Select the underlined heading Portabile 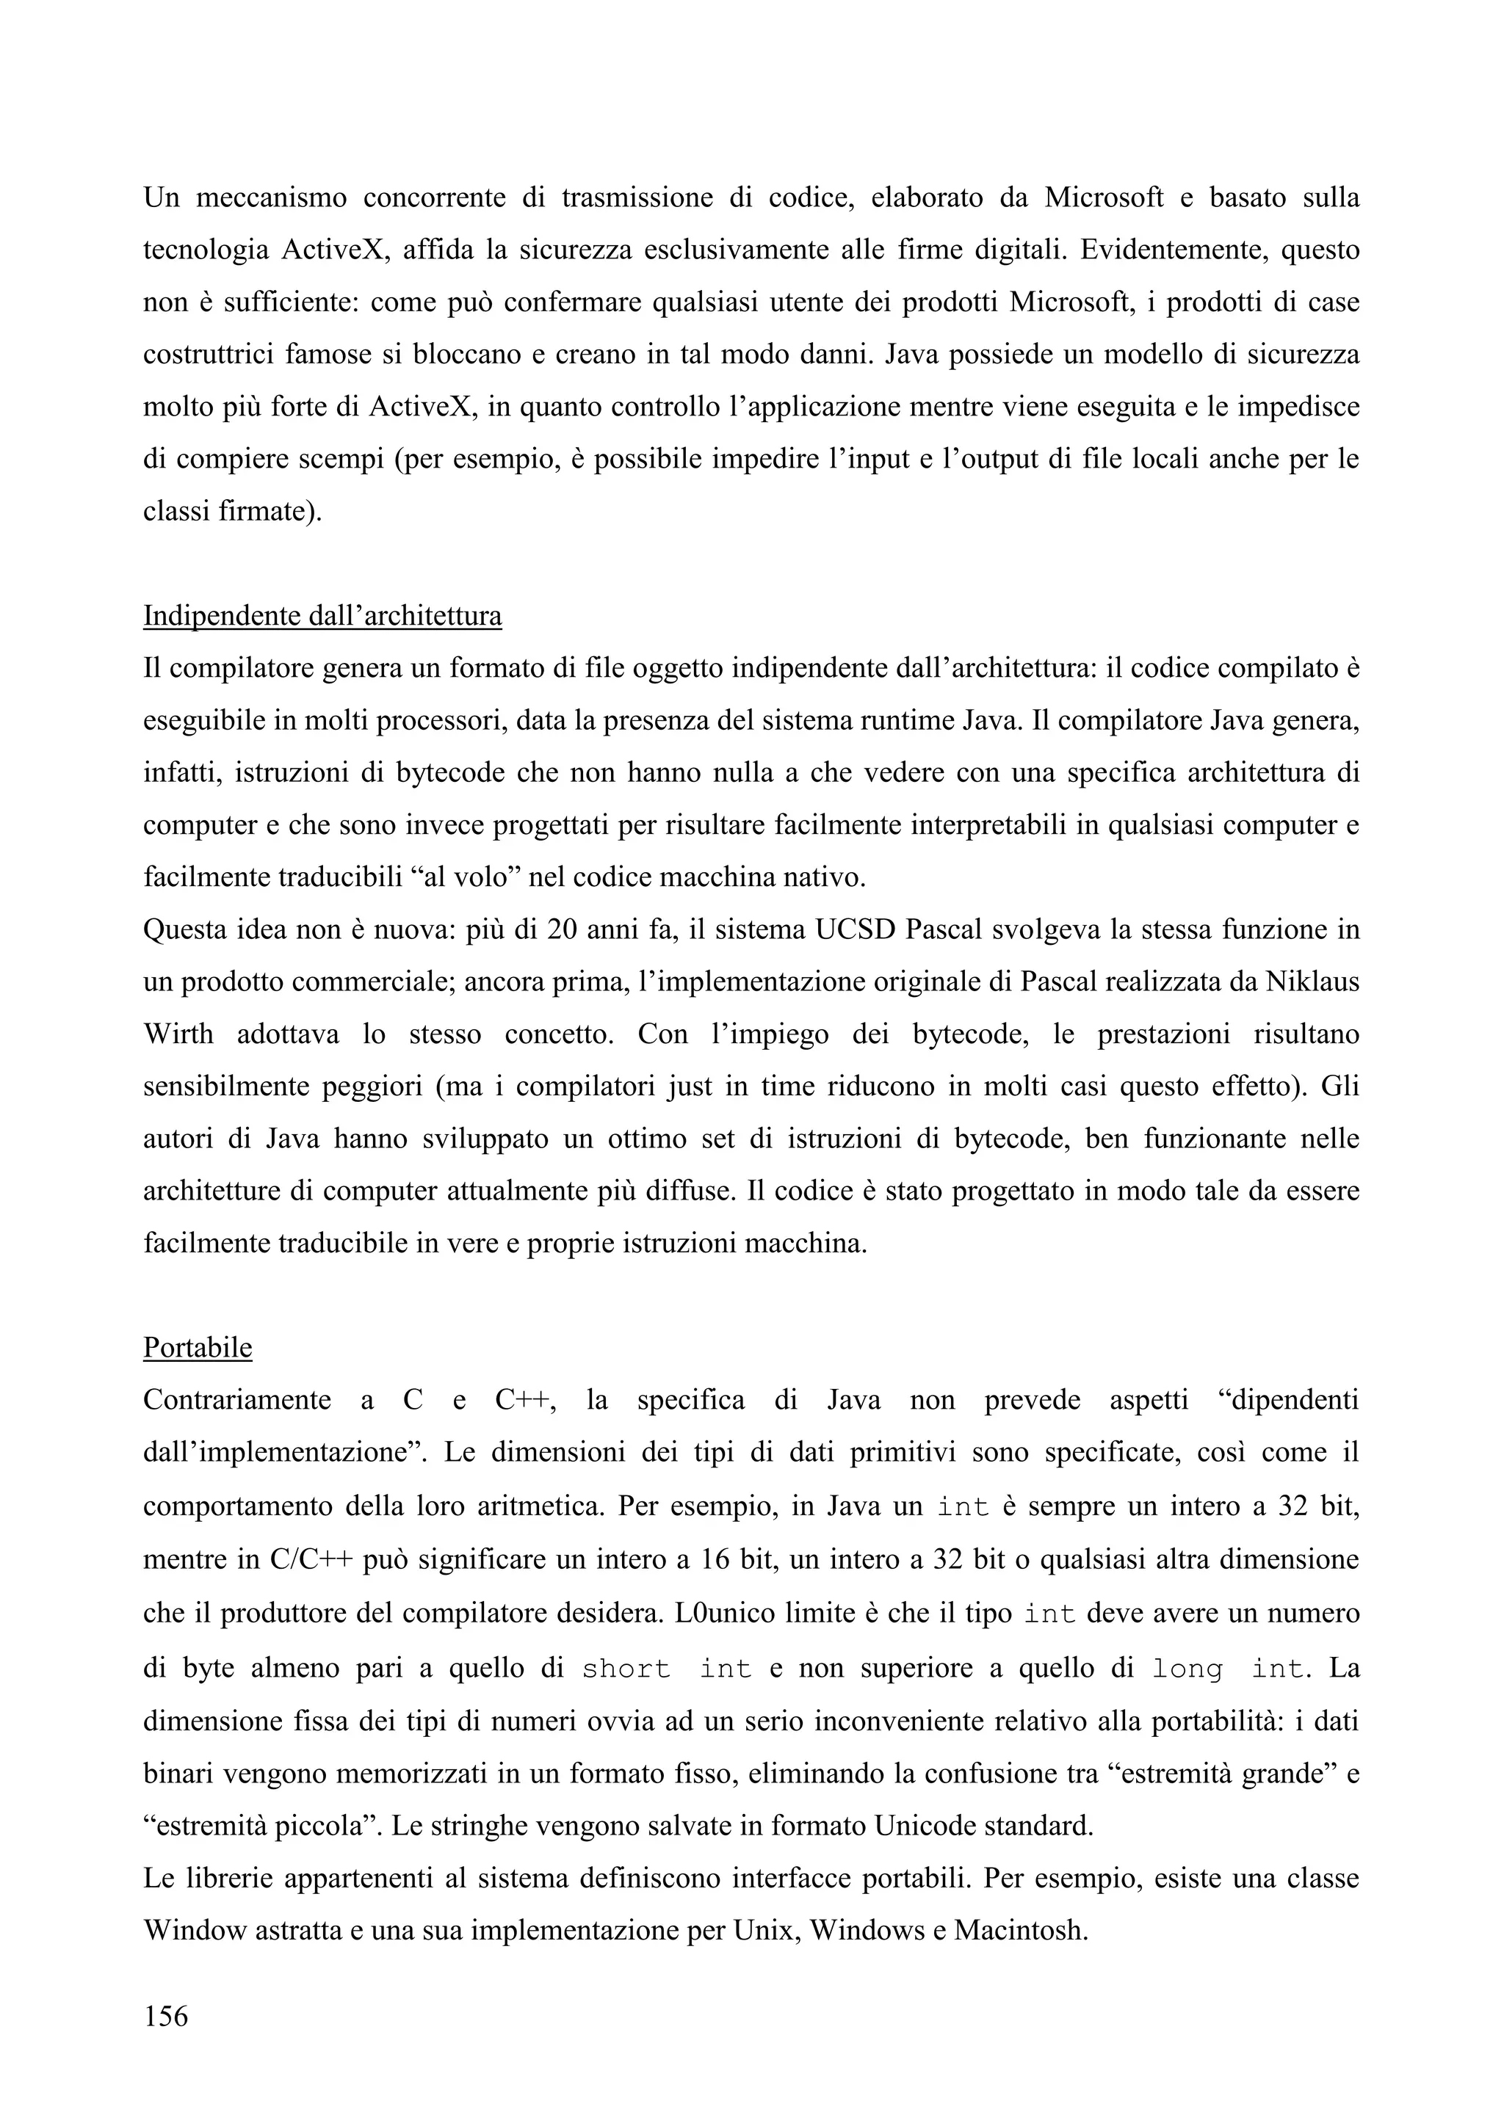[198, 1347]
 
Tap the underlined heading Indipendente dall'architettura [322, 616]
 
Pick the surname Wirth [178, 1034]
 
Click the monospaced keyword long [1188, 1669]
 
